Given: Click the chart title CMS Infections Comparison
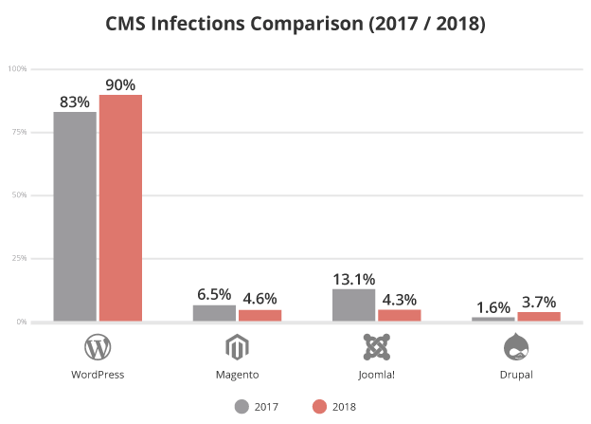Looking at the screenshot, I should [x=295, y=23].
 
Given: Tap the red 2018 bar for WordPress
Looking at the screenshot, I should [x=120, y=208].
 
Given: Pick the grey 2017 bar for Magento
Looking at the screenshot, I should [x=214, y=313].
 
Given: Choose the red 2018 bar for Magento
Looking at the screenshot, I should [x=260, y=315].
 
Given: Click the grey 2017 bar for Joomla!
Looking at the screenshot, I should [x=353, y=304].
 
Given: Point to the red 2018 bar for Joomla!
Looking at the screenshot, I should [x=399, y=315].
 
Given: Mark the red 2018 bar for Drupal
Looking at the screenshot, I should [x=538, y=316].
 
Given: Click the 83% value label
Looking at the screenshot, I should [x=74, y=101].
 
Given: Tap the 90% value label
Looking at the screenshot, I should [x=120, y=83].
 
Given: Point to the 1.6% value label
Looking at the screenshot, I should [x=492, y=307].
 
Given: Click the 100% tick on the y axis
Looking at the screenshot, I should [x=17, y=69].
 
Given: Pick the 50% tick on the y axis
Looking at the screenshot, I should [x=19, y=195].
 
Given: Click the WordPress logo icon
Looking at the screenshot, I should [x=98, y=347].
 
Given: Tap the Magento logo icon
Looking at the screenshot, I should [x=237, y=347].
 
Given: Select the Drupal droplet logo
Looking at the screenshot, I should [x=515, y=347].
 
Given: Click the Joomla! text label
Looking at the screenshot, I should [x=376, y=374].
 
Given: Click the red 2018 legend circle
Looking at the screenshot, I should [x=318, y=407].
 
